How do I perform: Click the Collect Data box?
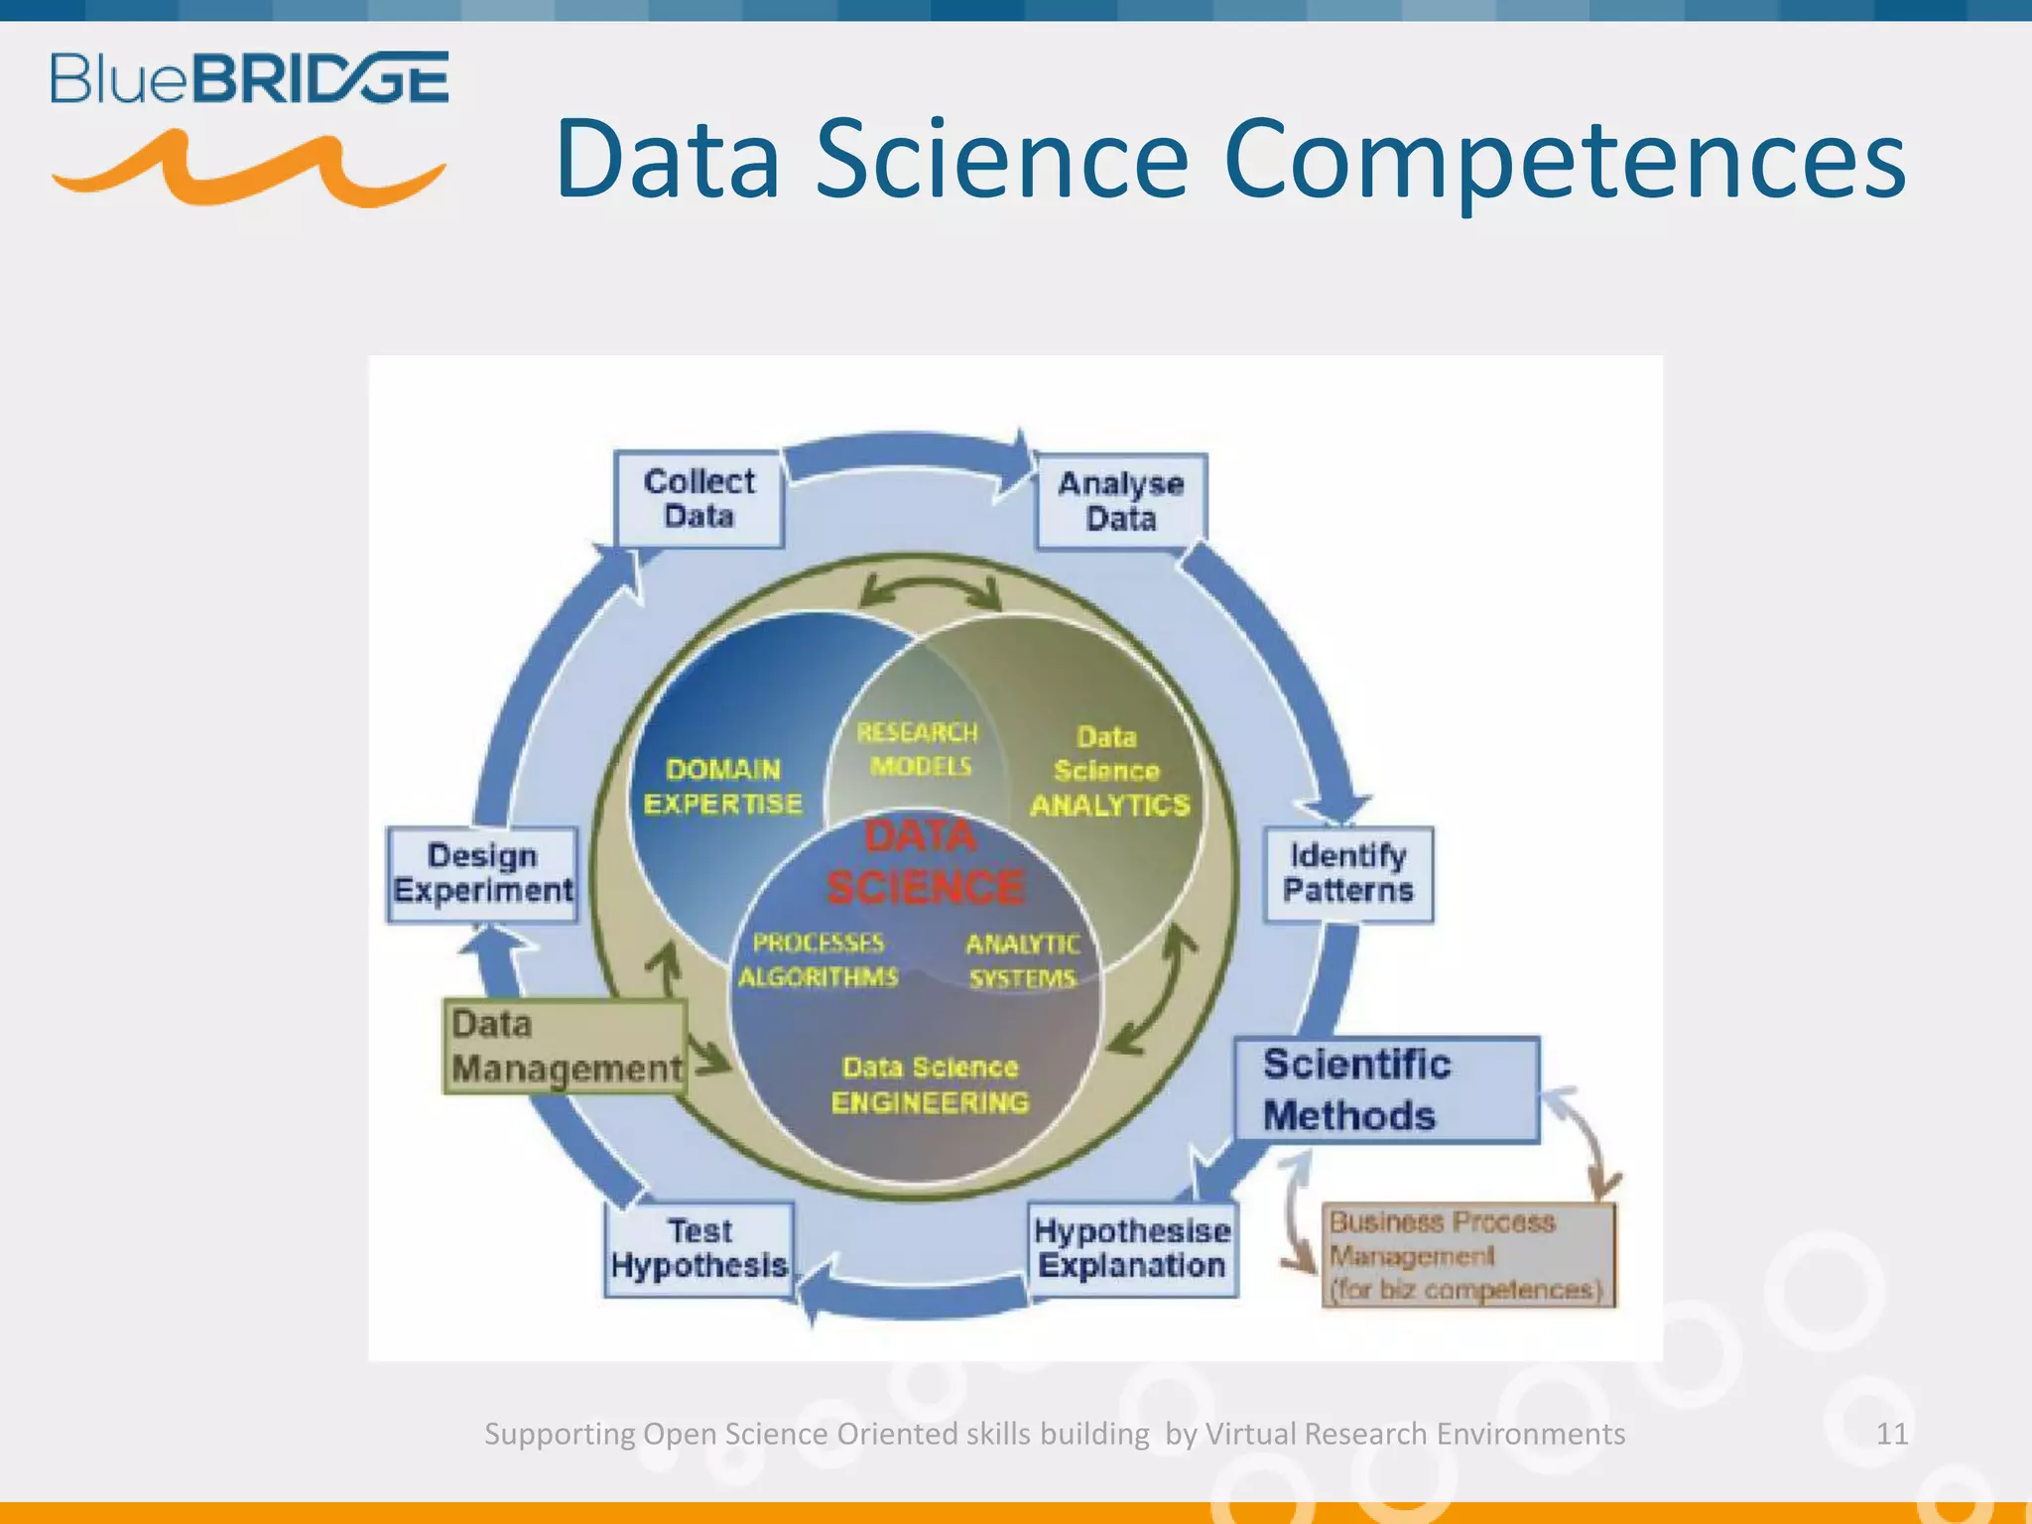click(698, 499)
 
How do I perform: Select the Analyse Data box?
click(1121, 501)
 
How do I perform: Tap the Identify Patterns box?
click(1347, 874)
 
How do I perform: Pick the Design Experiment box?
click(482, 874)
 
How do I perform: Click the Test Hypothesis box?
click(699, 1249)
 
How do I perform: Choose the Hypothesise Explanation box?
click(1132, 1249)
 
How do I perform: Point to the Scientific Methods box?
click(1386, 1089)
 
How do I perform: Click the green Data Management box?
click(565, 1047)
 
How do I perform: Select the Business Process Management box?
click(1467, 1255)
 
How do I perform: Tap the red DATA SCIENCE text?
click(924, 863)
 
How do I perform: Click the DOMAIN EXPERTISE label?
click(723, 787)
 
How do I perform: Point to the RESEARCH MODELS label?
click(918, 749)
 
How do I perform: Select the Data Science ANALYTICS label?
click(1108, 772)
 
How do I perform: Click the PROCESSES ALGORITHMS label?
click(818, 960)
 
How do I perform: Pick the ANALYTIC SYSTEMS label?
click(1022, 961)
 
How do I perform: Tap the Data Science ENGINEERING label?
click(930, 1084)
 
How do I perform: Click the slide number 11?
click(1891, 1434)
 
